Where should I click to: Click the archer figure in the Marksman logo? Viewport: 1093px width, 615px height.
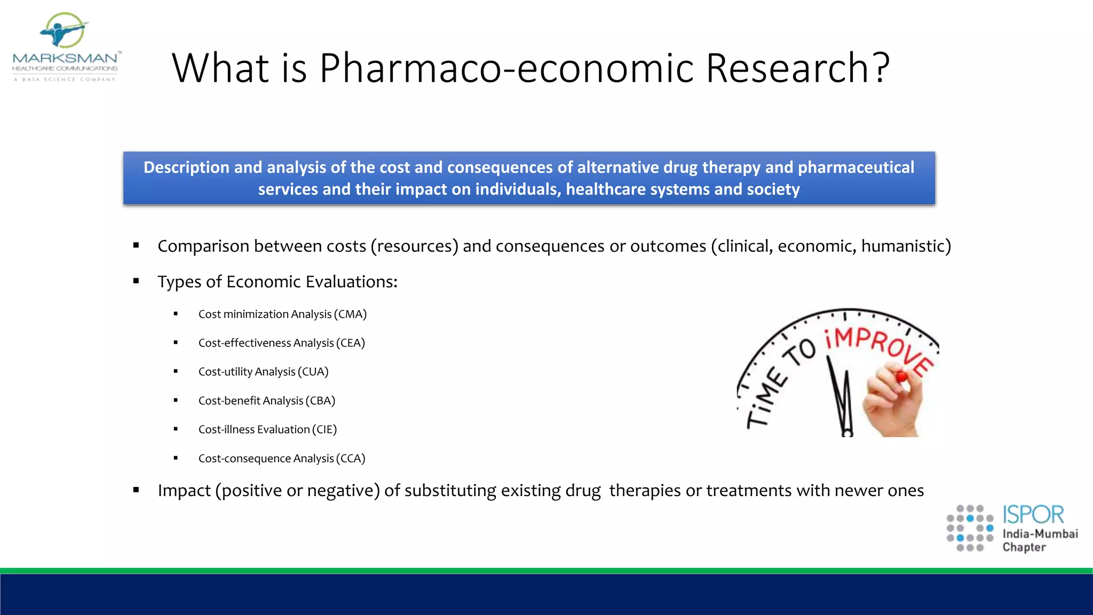point(63,31)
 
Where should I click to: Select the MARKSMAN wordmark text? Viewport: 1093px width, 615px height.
point(65,58)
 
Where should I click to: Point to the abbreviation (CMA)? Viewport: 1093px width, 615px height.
point(350,314)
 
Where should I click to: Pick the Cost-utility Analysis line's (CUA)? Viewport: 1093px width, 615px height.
point(313,372)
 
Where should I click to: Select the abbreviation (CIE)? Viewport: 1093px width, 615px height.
point(324,430)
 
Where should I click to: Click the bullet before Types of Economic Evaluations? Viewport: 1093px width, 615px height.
point(136,281)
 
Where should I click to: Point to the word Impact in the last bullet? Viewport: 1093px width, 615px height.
point(184,491)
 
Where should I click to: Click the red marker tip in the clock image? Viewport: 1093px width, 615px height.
point(901,377)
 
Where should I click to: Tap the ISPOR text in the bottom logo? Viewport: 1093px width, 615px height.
point(1033,515)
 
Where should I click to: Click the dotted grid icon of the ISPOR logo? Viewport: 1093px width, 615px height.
point(970,528)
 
